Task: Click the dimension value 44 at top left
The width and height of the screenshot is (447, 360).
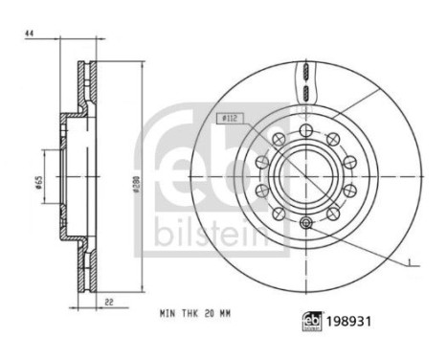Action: click(x=30, y=34)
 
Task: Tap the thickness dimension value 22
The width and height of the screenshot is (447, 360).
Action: click(x=109, y=302)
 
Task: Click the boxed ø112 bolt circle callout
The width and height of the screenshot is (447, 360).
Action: click(x=231, y=119)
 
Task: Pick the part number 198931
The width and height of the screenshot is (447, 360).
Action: click(x=348, y=322)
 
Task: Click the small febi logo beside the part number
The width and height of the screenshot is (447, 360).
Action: click(x=312, y=322)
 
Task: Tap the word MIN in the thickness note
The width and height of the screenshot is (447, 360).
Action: click(x=168, y=313)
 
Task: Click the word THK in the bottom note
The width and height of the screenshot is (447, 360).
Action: click(x=190, y=313)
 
